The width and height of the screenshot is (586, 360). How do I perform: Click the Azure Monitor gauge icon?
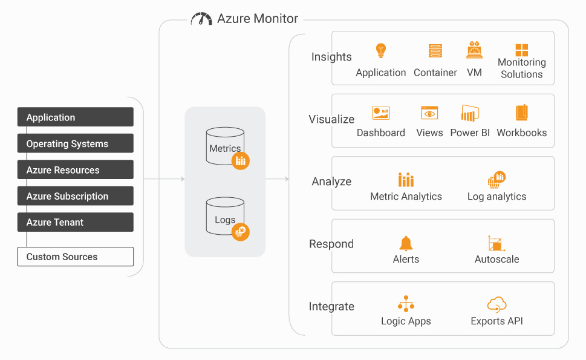click(201, 19)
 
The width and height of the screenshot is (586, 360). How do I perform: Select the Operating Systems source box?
click(76, 143)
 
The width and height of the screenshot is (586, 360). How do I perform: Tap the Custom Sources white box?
click(76, 257)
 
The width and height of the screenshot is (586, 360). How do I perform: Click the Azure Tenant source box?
click(76, 222)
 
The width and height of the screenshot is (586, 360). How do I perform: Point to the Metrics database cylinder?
click(225, 146)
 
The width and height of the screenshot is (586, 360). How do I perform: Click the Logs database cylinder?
click(225, 216)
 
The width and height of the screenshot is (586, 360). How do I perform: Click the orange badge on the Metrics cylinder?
click(240, 161)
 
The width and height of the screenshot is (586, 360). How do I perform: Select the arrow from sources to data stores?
click(164, 179)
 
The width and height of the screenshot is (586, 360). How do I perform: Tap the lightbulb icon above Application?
click(381, 50)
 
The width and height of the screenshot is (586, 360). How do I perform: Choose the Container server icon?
click(435, 51)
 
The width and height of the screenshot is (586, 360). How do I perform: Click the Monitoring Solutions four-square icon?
click(522, 50)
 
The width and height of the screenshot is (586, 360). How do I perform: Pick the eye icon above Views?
click(429, 113)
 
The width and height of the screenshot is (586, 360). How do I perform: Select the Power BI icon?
click(470, 113)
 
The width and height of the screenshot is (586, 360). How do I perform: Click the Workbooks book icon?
click(522, 113)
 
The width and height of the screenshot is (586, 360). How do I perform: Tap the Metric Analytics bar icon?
click(406, 180)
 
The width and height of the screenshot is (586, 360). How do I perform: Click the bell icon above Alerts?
click(406, 243)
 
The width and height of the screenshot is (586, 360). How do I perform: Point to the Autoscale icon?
click(496, 243)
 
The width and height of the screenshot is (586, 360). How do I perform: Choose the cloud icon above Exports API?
click(496, 305)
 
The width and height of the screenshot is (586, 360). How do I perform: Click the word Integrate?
click(331, 307)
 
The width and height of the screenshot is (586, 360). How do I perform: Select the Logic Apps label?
click(406, 321)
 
